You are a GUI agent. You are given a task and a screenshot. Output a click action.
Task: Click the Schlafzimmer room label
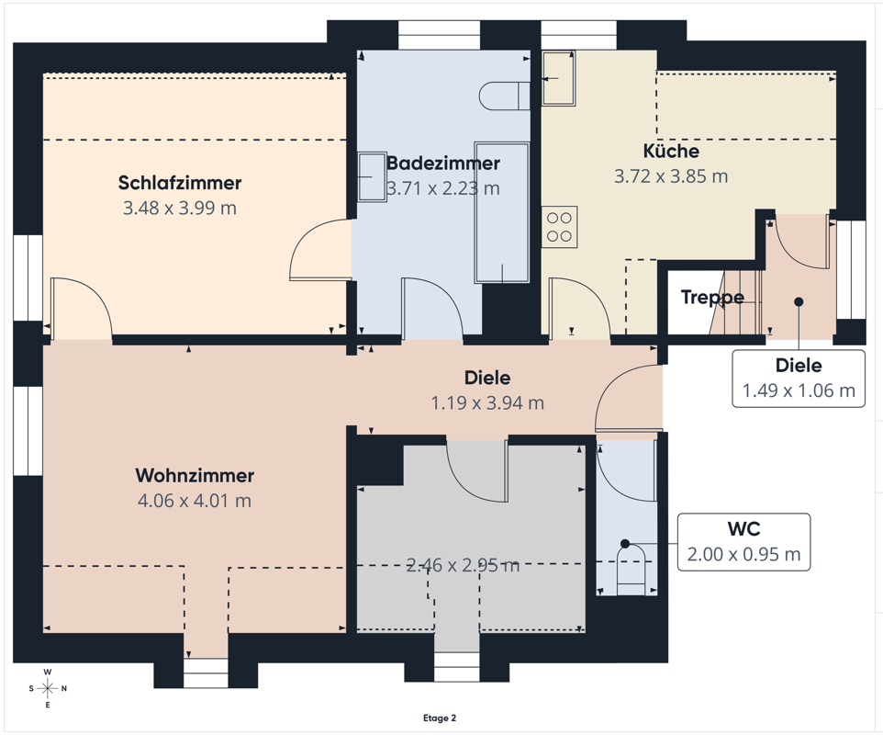pyautogui.click(x=180, y=183)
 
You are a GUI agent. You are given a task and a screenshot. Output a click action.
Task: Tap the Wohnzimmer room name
pyautogui.click(x=195, y=475)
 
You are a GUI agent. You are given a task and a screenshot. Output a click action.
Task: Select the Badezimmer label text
pyautogui.click(x=443, y=163)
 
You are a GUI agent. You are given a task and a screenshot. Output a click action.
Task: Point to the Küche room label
pyautogui.click(x=671, y=151)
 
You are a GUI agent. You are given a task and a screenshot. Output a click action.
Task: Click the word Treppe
pyautogui.click(x=712, y=297)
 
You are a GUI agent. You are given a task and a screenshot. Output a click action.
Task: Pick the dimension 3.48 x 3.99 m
pyautogui.click(x=180, y=208)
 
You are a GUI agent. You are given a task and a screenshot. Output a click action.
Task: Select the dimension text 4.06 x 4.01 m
pyautogui.click(x=195, y=501)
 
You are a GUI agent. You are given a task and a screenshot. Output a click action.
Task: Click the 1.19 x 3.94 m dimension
pyautogui.click(x=487, y=403)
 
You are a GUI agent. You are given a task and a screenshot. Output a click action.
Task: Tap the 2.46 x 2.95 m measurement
pyautogui.click(x=463, y=565)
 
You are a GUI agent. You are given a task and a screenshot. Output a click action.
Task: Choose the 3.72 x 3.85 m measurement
pyautogui.click(x=671, y=176)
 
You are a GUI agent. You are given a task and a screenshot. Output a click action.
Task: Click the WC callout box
pyautogui.click(x=743, y=542)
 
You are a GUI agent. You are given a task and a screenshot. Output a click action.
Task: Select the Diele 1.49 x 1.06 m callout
pyautogui.click(x=799, y=379)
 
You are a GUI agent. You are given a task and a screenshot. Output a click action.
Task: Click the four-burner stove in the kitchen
pyautogui.click(x=560, y=227)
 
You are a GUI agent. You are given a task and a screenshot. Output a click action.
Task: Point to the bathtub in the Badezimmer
pyautogui.click(x=502, y=212)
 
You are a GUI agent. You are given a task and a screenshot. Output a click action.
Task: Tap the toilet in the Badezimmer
pyautogui.click(x=505, y=96)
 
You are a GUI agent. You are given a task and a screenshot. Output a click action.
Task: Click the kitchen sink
pyautogui.click(x=558, y=78)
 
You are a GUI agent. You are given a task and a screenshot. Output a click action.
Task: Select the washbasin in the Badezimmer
pyautogui.click(x=372, y=176)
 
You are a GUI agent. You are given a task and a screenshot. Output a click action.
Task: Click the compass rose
pyautogui.click(x=48, y=688)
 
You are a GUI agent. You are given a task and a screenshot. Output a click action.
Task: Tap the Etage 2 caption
pyautogui.click(x=440, y=718)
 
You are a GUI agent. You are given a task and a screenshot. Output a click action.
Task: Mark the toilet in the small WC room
pyautogui.click(x=632, y=570)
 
